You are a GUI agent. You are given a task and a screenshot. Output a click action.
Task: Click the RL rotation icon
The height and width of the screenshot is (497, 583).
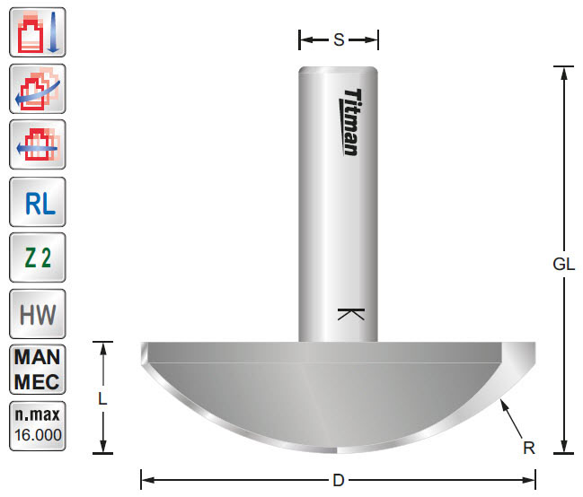(x=37, y=204)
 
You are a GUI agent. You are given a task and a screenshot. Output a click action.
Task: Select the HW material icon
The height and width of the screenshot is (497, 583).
(x=37, y=315)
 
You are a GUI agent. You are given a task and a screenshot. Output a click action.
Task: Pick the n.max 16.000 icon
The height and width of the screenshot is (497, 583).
(x=37, y=426)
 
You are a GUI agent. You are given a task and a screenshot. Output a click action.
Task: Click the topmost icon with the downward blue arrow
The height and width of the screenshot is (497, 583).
(x=37, y=33)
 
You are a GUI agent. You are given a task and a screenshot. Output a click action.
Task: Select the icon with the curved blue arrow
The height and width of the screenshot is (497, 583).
(x=37, y=90)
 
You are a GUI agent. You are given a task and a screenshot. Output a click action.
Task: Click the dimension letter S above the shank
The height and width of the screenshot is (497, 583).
(x=339, y=39)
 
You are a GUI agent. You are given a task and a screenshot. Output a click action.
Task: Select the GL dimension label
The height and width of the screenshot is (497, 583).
(x=563, y=265)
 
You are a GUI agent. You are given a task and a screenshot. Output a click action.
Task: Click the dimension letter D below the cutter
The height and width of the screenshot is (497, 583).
(x=338, y=480)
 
